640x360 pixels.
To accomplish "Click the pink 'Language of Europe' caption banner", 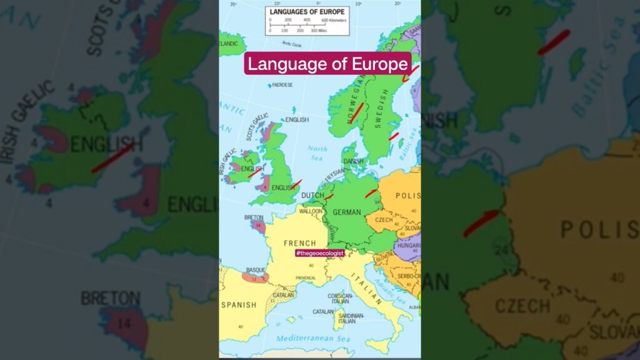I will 327,64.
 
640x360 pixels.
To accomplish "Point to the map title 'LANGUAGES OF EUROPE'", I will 307,12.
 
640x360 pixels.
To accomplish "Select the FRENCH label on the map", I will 300,243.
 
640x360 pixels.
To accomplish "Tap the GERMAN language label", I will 347,212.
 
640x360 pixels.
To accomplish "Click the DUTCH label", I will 312,195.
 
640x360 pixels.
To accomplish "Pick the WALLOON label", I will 311,211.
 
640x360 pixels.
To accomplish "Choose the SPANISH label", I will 239,305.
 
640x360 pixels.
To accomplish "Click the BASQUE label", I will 256,270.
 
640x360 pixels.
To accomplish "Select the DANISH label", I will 353,161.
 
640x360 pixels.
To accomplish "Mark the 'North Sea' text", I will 317,152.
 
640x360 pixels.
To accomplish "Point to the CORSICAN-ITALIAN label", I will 341,298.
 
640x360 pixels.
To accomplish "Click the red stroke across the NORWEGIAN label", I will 357,112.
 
